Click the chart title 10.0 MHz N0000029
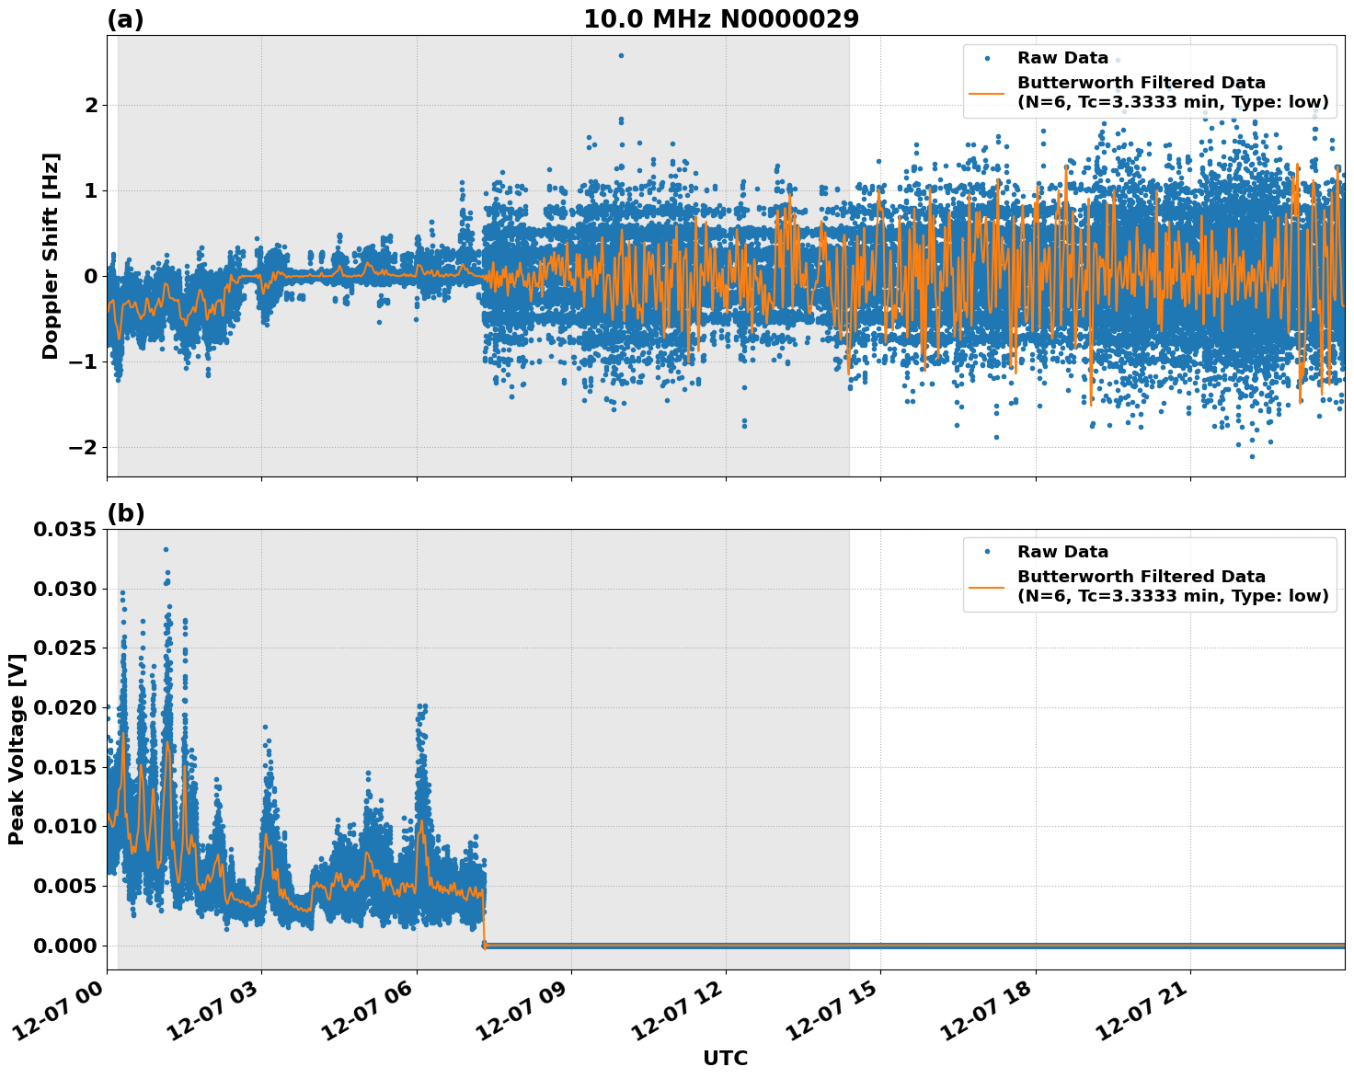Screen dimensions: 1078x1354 point(720,19)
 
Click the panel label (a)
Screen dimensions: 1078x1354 point(125,19)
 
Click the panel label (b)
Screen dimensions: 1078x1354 point(125,513)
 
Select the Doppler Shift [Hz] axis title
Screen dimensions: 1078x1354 point(51,256)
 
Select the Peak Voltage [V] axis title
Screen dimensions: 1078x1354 point(16,749)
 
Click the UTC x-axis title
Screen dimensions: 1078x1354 point(725,1058)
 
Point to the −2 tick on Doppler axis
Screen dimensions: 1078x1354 point(82,447)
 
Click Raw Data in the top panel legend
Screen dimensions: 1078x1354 point(1062,58)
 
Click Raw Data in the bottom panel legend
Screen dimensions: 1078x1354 point(1062,552)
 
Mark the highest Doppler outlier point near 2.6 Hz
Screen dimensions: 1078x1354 point(621,55)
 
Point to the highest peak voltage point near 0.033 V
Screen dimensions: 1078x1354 point(166,549)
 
